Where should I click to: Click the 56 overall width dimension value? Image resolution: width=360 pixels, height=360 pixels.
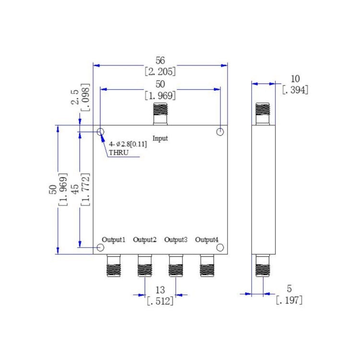click(160, 60)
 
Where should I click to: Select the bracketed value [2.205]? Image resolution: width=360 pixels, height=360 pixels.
click(160, 72)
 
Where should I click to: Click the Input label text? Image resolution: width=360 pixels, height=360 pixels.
click(160, 138)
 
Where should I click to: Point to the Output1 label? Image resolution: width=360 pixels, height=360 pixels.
click(113, 239)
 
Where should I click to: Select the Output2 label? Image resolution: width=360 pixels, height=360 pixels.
click(145, 239)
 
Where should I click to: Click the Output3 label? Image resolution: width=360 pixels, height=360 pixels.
click(176, 239)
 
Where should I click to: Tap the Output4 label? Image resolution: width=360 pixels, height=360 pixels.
click(207, 239)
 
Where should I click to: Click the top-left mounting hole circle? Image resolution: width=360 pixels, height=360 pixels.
click(101, 132)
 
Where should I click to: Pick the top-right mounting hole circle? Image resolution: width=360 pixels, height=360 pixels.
click(220, 132)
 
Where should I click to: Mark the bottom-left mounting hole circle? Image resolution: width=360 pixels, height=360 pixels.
click(101, 248)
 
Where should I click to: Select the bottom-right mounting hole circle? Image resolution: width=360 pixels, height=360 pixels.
click(220, 248)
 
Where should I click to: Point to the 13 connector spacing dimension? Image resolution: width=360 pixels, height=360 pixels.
click(160, 290)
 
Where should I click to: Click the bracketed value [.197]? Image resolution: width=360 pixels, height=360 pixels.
click(289, 300)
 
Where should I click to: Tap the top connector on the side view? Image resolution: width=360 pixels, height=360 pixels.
click(263, 113)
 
